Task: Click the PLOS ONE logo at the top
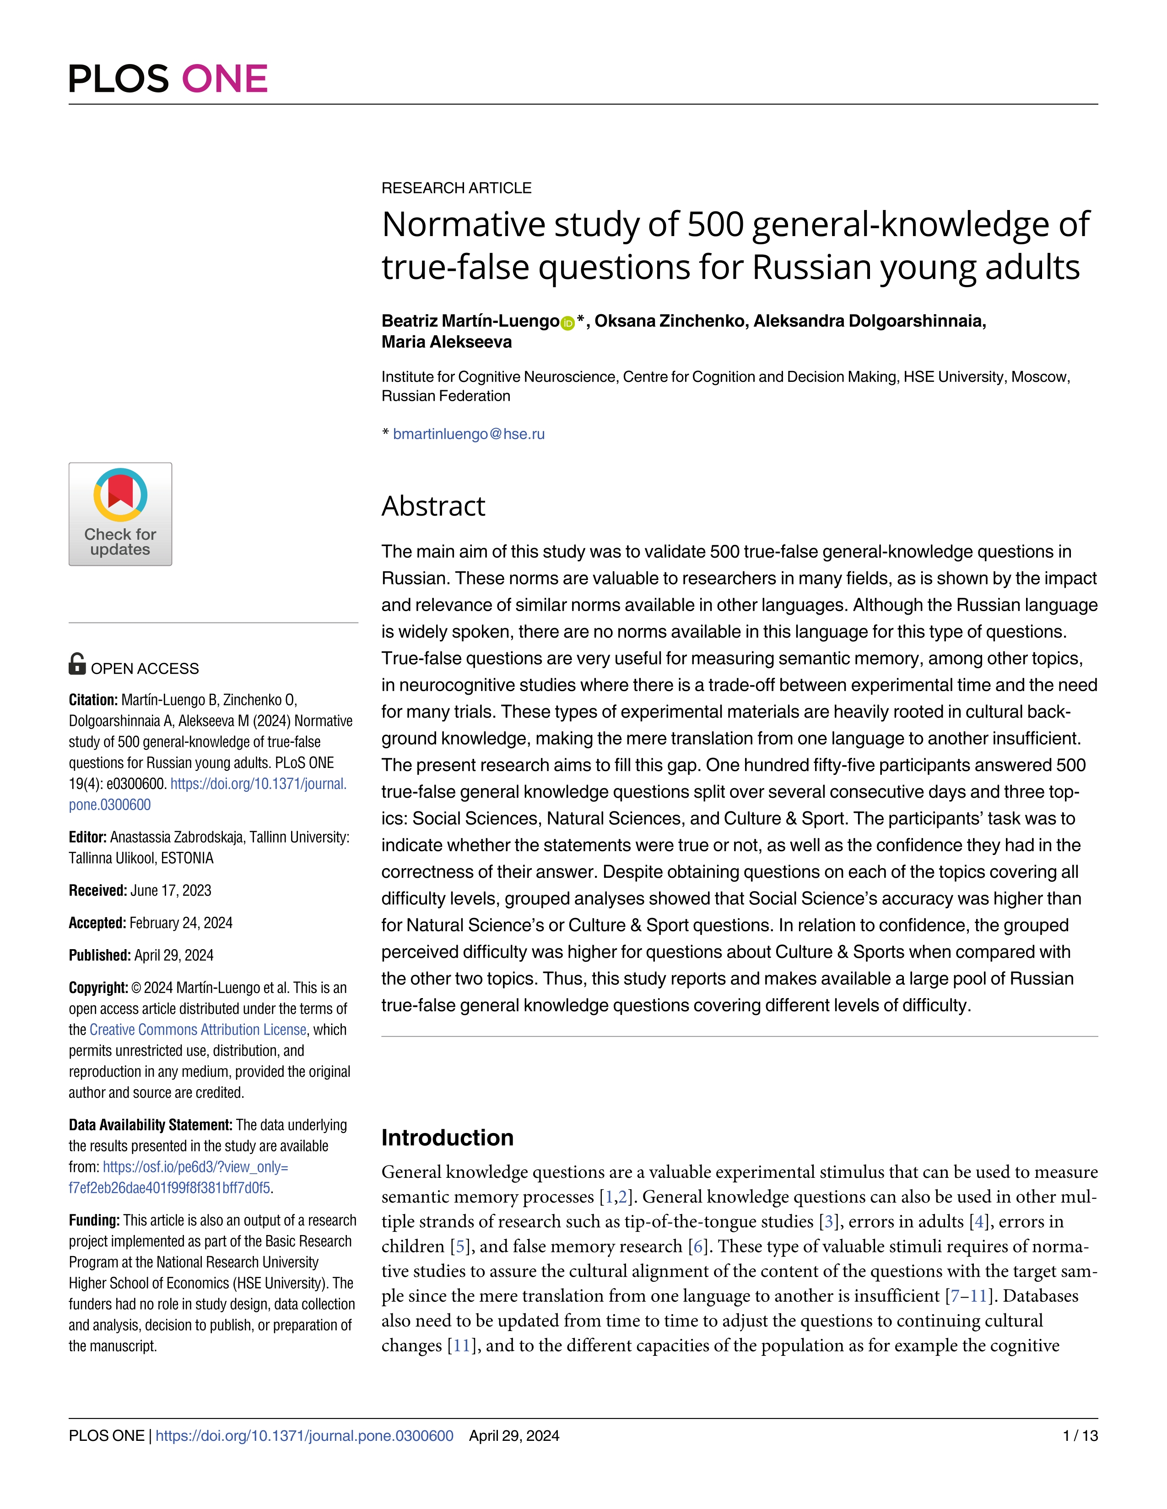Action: tap(168, 78)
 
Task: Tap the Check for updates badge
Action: tap(120, 514)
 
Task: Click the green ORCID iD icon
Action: tap(567, 322)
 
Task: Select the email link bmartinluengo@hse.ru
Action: tap(469, 434)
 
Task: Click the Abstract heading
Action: tap(433, 506)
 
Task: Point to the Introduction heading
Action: tap(447, 1137)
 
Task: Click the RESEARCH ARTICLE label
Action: tap(456, 188)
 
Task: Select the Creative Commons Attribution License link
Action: tap(198, 1030)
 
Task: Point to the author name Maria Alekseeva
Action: tap(447, 342)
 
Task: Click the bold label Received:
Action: tap(97, 891)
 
